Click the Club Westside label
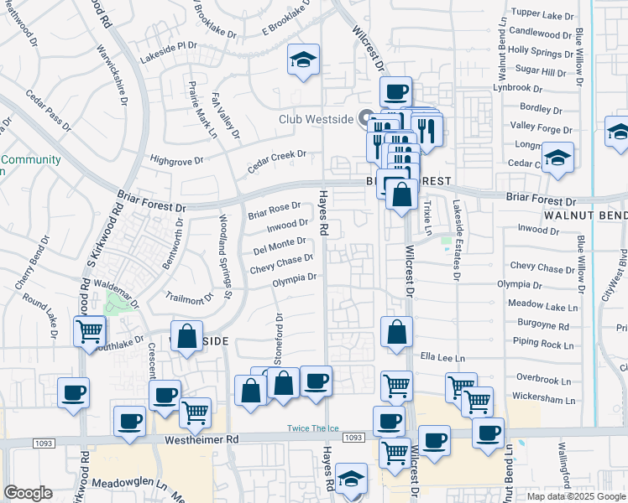tap(317, 118)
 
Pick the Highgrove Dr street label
tap(176, 159)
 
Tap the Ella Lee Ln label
tap(437, 356)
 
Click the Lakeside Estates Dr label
tap(457, 239)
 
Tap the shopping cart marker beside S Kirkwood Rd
tap(89, 330)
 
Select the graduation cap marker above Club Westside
tap(303, 60)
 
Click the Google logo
tap(28, 493)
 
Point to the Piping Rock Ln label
tap(546, 344)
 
